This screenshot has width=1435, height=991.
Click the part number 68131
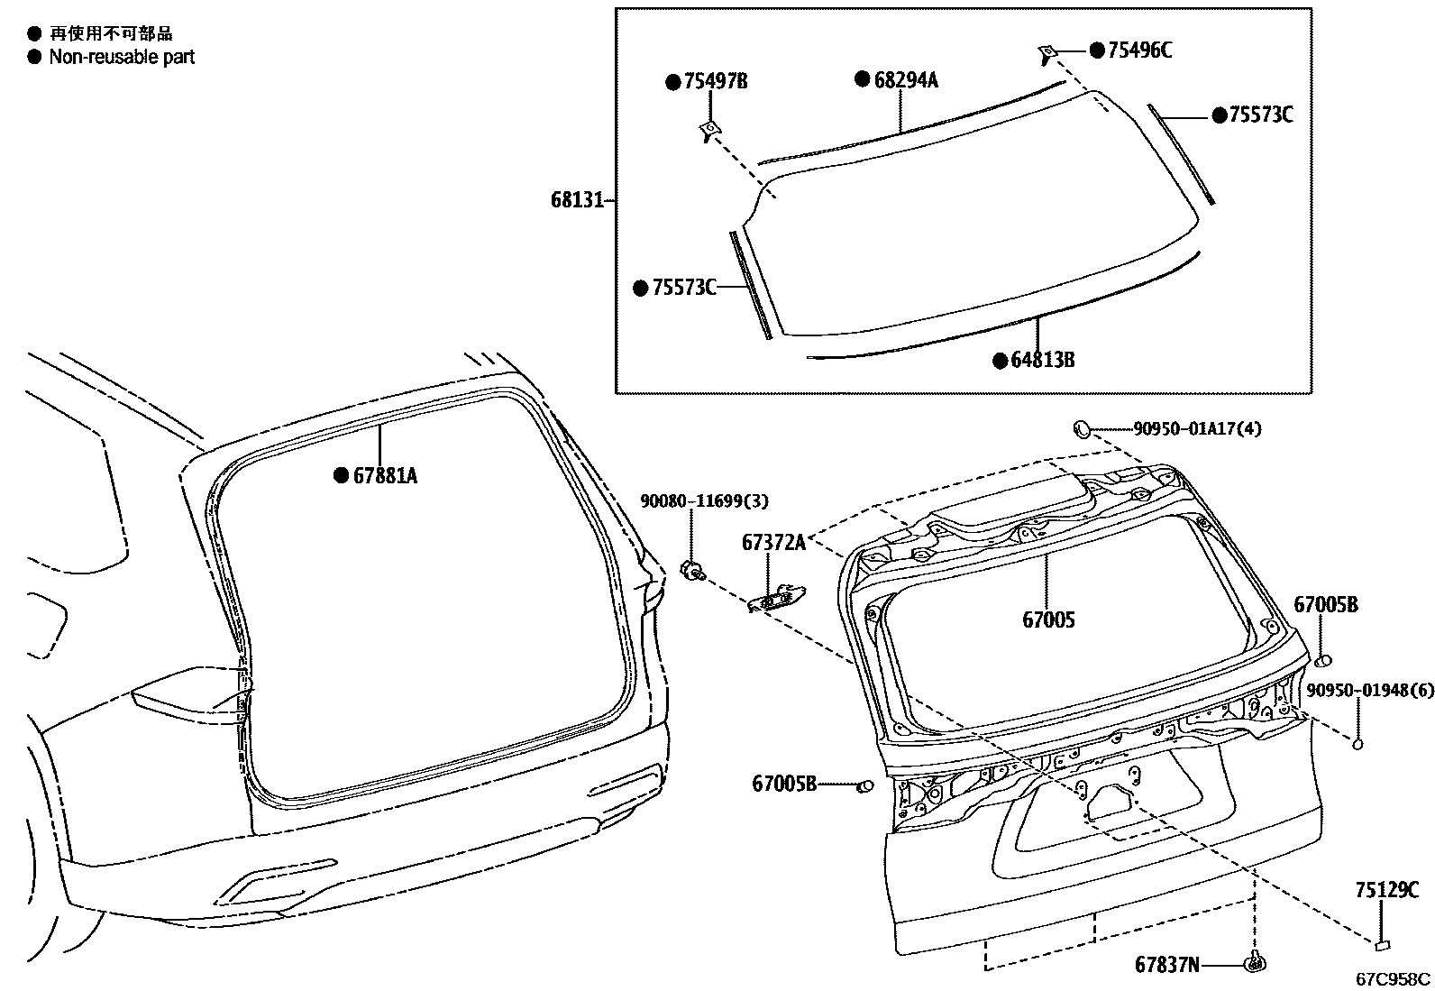(576, 199)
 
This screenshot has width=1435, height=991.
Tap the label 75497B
(715, 82)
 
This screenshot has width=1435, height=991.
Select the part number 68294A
(906, 79)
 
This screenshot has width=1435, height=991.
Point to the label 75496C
(1139, 50)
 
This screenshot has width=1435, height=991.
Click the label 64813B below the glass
(1043, 361)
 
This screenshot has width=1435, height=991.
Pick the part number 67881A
(385, 475)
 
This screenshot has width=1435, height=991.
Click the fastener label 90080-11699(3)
(704, 500)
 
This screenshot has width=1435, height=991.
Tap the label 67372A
(772, 542)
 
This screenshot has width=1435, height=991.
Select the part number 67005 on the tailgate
(1047, 620)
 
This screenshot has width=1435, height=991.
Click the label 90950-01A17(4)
(1197, 429)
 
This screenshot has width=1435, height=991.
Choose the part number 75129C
(1385, 890)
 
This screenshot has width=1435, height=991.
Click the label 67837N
(1167, 965)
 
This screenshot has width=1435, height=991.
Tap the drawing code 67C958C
(1394, 979)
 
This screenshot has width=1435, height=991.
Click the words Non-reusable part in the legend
(122, 57)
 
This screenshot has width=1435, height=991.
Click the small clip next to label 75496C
(1047, 51)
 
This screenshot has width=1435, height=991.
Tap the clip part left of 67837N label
(1254, 963)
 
